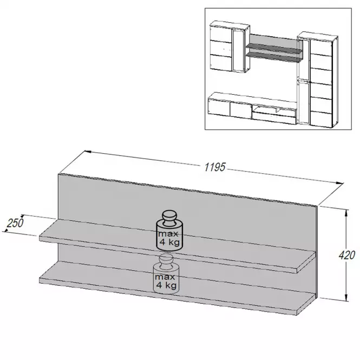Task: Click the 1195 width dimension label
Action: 215,167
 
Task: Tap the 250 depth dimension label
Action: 15,223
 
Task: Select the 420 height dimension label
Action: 347,255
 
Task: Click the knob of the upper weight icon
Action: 169,217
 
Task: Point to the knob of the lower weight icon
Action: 167,260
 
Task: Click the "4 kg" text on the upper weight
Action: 169,242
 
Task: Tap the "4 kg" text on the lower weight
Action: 166,285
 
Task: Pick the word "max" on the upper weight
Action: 168,234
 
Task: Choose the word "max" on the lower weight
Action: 165,277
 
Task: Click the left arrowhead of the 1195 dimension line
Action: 88,152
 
